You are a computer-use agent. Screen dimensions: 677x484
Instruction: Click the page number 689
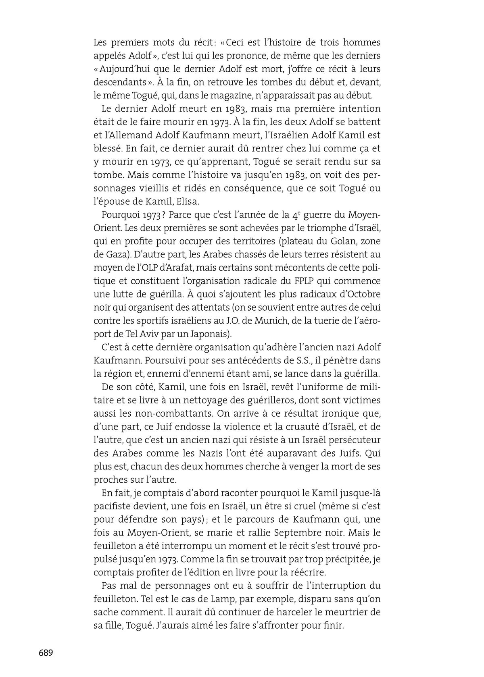coord(46,653)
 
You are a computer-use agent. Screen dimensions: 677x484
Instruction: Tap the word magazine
coord(246,96)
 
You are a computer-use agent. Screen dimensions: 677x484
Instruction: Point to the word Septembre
coord(297,533)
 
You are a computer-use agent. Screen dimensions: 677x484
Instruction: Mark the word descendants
coord(119,82)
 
